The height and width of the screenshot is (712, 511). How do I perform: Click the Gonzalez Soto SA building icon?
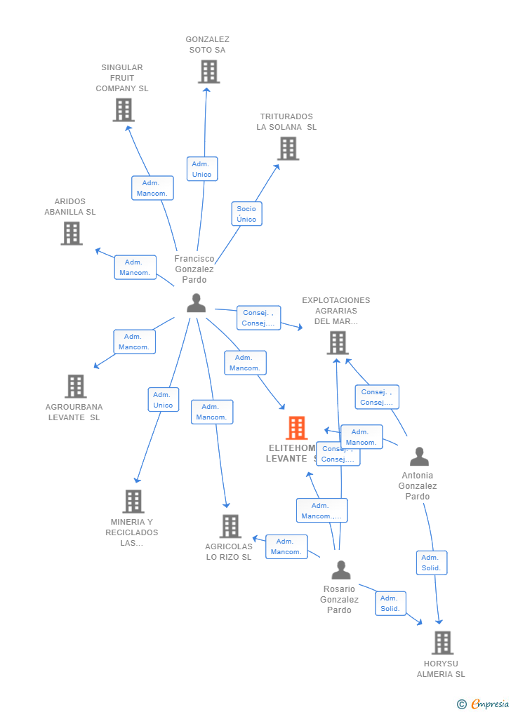click(208, 72)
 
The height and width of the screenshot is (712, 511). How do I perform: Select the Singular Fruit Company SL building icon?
click(124, 110)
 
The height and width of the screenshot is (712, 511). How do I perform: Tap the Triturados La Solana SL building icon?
click(288, 149)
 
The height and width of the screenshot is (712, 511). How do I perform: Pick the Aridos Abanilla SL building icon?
click(72, 233)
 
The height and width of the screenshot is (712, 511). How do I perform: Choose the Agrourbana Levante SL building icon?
click(75, 387)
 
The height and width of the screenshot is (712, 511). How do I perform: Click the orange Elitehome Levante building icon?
click(297, 428)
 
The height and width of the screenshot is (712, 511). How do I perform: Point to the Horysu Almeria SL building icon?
click(442, 643)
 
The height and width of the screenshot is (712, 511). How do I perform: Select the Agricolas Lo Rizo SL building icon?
click(230, 526)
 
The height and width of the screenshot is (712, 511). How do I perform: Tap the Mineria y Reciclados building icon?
click(133, 502)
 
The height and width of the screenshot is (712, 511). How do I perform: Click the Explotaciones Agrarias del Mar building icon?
click(338, 343)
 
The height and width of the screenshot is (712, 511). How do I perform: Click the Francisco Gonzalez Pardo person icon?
click(197, 303)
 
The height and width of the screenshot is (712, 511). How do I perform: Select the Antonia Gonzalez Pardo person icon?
click(419, 457)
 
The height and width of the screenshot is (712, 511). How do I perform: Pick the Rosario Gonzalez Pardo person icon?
click(341, 570)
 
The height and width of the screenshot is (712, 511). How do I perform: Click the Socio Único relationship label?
click(246, 214)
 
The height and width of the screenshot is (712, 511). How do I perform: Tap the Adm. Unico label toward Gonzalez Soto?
click(202, 169)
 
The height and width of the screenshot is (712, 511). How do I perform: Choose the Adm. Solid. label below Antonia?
click(431, 563)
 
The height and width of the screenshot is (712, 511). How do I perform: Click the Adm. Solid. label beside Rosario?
click(390, 603)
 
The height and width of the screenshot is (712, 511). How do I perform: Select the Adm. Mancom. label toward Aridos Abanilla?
click(135, 267)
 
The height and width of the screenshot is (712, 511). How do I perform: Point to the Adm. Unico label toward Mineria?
click(163, 400)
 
